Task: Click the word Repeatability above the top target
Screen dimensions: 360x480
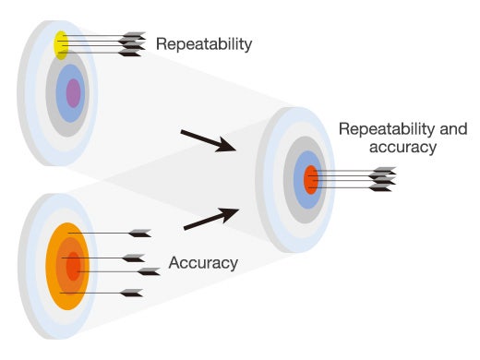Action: pos(204,43)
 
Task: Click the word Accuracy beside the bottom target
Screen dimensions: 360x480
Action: pos(203,263)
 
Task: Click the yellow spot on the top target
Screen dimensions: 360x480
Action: pos(61,43)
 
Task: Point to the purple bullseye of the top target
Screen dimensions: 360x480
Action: pos(73,93)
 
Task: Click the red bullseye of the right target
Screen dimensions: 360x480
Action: pos(311,179)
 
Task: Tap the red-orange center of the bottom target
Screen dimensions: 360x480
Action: pos(73,267)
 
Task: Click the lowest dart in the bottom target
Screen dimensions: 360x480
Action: pos(131,294)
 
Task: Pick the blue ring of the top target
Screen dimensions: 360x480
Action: pos(63,92)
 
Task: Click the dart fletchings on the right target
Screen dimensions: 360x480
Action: pos(381,179)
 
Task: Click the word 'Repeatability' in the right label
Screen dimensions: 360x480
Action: pos(383,130)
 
